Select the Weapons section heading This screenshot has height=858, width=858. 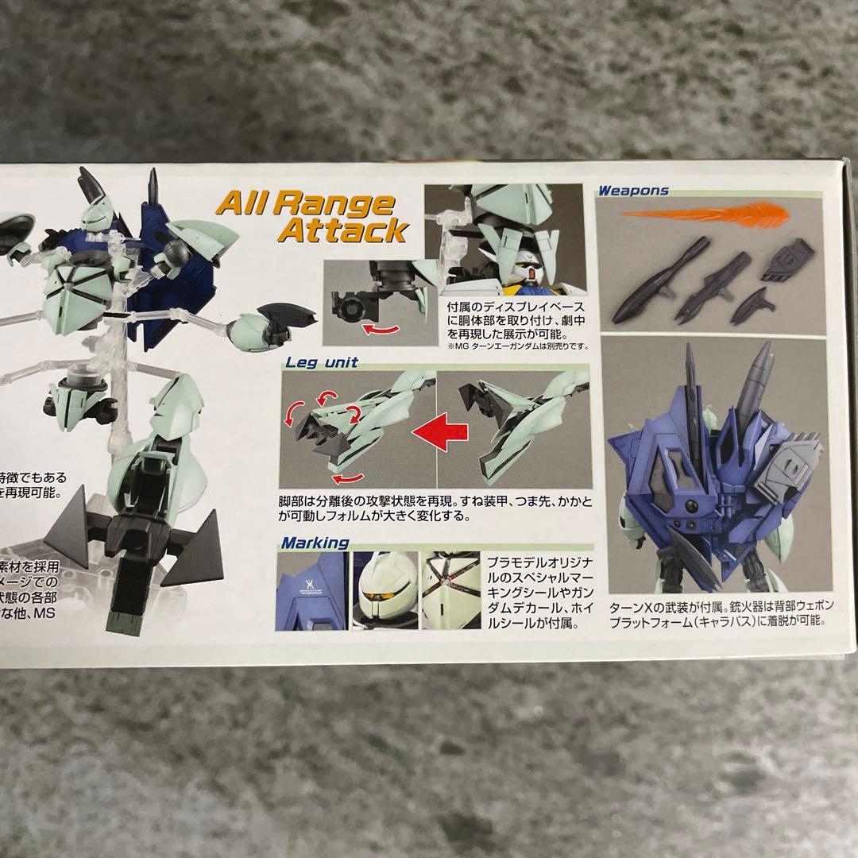[633, 191]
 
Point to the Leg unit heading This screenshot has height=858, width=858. [322, 362]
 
